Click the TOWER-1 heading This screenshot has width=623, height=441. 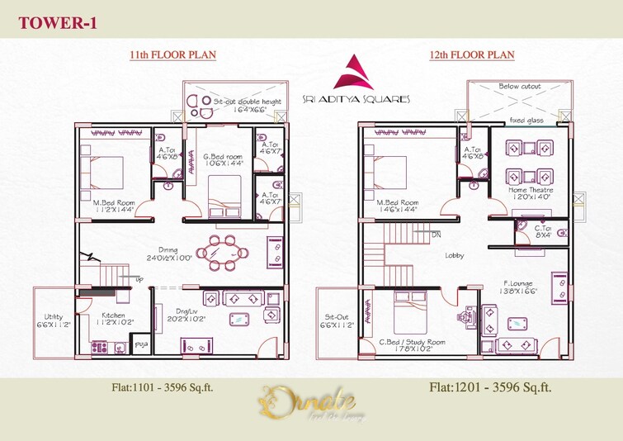click(57, 23)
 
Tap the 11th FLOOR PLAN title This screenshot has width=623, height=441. click(172, 55)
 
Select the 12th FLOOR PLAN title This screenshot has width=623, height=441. click(472, 55)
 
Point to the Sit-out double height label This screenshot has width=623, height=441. click(247, 102)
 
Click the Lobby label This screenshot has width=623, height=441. click(453, 255)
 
